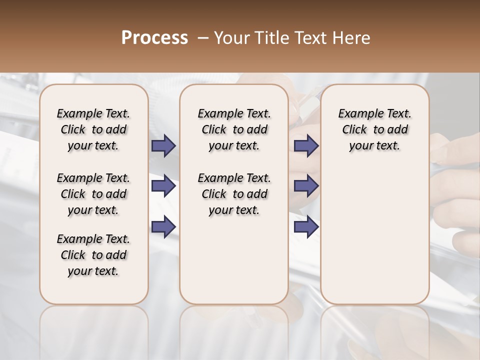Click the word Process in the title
pos(154,38)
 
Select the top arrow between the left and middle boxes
pos(163,146)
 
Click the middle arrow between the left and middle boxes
pos(163,186)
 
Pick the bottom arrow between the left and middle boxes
pos(163,226)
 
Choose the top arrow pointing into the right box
pos(306,146)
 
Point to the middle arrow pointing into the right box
pos(306,186)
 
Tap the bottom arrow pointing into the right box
pos(306,226)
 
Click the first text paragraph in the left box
pos(93,129)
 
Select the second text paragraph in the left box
pos(93,194)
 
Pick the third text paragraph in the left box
pos(93,255)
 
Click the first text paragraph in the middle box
pos(234,129)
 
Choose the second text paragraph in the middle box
pos(234,194)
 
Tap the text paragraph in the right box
pos(374,129)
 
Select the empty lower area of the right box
pos(374,235)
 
